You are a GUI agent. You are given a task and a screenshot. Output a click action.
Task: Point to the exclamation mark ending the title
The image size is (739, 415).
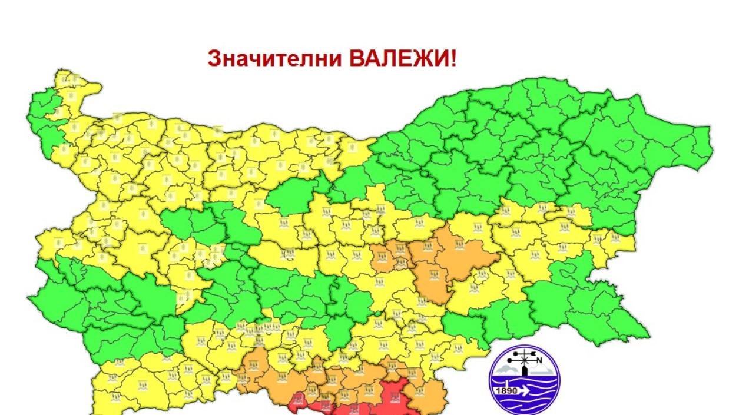453,59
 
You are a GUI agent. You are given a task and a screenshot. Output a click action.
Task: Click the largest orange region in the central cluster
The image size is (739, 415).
448,259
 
